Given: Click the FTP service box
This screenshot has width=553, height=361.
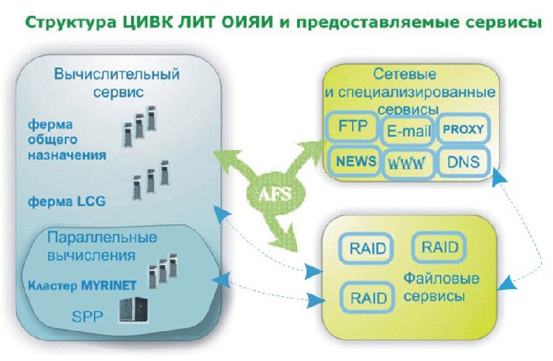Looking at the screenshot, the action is click(x=352, y=126).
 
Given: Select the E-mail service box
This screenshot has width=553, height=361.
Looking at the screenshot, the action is click(x=408, y=130).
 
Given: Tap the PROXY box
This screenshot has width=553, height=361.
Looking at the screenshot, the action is click(x=463, y=129).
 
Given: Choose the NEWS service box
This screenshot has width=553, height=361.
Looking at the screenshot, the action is click(x=355, y=161).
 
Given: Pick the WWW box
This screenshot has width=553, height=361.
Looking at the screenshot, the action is click(x=408, y=164).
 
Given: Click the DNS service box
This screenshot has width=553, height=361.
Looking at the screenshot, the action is click(x=463, y=162).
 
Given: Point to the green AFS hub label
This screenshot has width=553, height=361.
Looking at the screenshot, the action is click(x=275, y=194).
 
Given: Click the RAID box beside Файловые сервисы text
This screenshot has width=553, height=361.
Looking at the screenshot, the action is click(x=367, y=298).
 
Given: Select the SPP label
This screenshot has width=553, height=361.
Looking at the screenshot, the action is click(x=87, y=317).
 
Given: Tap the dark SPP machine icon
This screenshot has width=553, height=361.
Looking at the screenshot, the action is click(x=133, y=310).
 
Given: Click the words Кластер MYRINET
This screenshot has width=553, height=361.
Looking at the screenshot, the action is click(x=82, y=285).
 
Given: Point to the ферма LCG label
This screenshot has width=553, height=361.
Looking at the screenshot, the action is click(x=66, y=201).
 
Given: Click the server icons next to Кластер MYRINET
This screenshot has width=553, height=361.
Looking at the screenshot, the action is click(x=163, y=271).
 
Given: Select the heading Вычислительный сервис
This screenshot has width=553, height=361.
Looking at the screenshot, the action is click(x=117, y=83).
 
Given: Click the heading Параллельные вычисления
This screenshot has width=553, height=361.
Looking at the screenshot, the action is click(x=102, y=246).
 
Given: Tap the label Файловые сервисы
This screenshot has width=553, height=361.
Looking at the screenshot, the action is click(x=441, y=288).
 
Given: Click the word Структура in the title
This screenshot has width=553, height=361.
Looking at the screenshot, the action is click(x=70, y=23).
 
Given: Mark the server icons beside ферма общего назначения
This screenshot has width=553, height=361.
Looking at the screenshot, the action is click(x=139, y=126).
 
